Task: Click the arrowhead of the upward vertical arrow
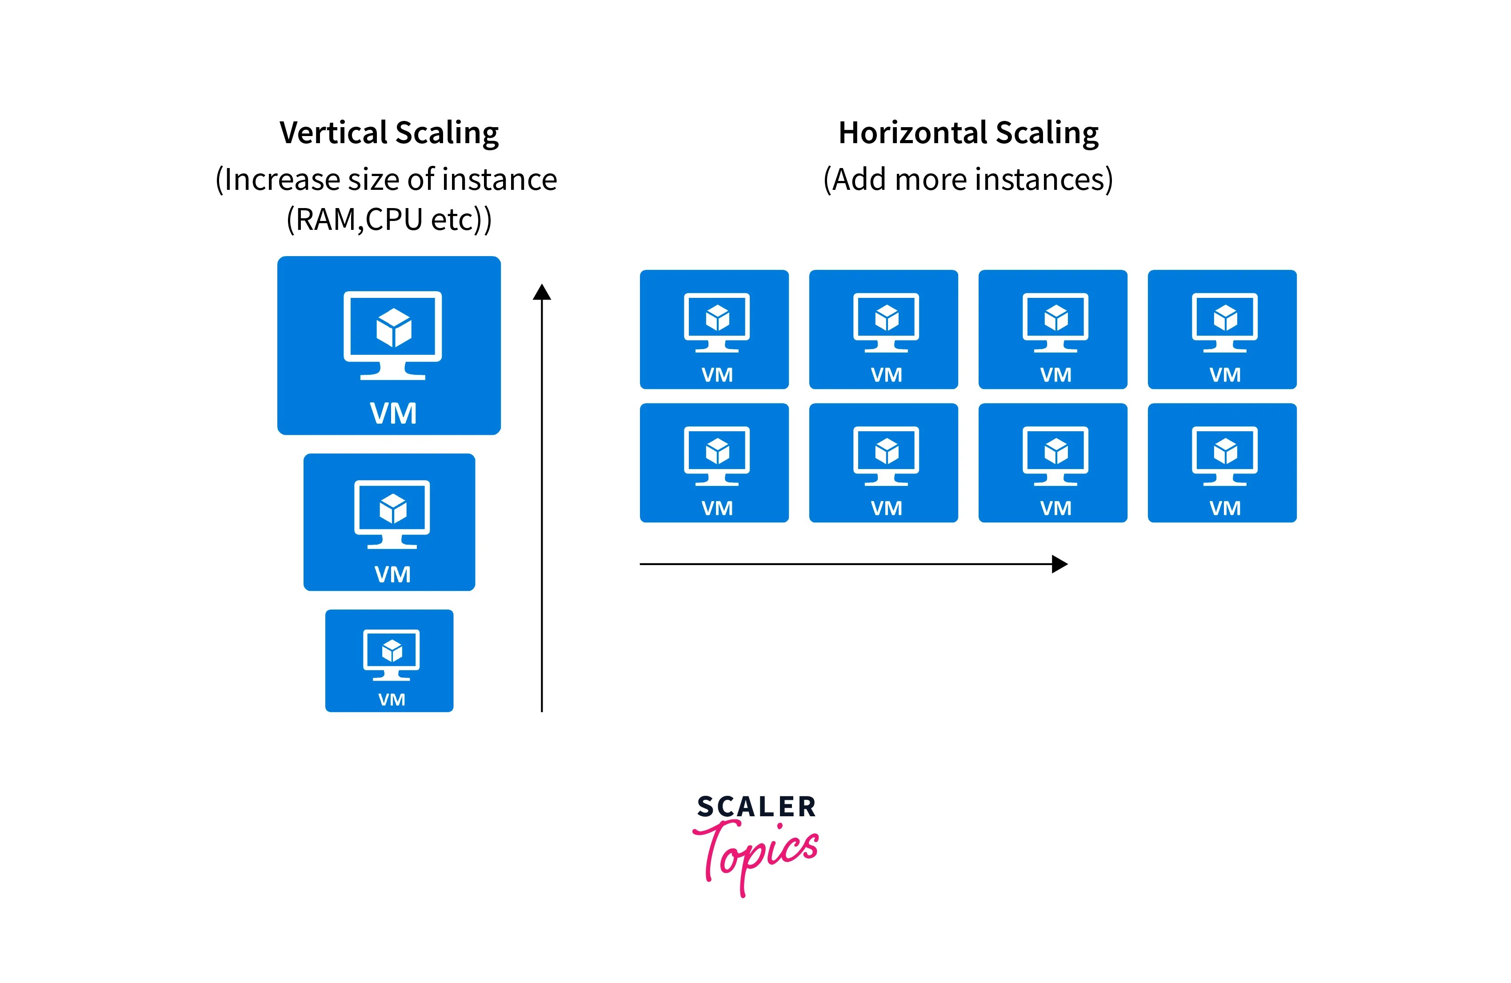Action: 542,292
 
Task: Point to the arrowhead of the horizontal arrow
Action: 1059,564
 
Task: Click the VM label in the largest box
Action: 393,413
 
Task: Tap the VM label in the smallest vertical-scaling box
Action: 391,700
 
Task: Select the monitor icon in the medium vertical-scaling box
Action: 392,514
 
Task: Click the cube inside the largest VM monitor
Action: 394,328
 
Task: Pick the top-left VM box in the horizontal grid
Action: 714,329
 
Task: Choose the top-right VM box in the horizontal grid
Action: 1222,329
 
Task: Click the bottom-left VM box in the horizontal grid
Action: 714,462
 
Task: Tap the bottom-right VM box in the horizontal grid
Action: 1222,462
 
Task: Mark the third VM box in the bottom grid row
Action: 1053,462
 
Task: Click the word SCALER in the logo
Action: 756,807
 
